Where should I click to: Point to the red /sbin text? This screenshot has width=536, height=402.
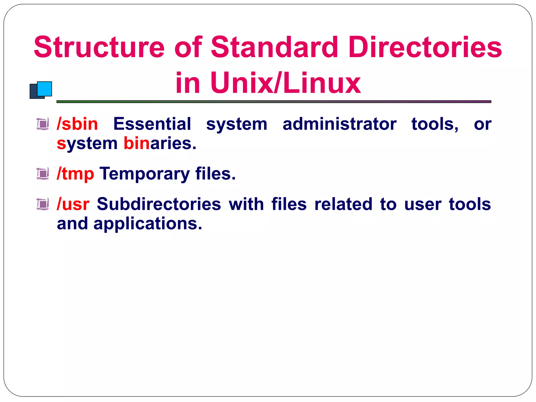[77, 124]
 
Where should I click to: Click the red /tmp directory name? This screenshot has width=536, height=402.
[75, 174]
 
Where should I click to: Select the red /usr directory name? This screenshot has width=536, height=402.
[73, 204]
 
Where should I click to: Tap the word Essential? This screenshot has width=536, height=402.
[152, 124]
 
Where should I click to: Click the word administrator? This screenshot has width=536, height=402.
[339, 124]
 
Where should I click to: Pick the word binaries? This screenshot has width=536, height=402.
[160, 143]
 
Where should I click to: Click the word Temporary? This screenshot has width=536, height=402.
[144, 174]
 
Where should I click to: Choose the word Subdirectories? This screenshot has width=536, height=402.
[159, 204]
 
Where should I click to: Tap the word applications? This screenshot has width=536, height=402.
[148, 224]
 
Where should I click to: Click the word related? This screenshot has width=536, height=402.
[343, 204]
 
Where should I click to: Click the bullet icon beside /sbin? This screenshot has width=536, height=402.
[43, 124]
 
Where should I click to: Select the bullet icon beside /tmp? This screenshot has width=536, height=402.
[43, 174]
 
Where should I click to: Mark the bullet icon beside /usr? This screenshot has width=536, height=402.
[43, 204]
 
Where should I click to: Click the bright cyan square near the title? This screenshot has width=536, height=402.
[45, 88]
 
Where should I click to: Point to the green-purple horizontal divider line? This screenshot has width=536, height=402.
[274, 102]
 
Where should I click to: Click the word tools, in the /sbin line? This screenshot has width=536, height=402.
[435, 124]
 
